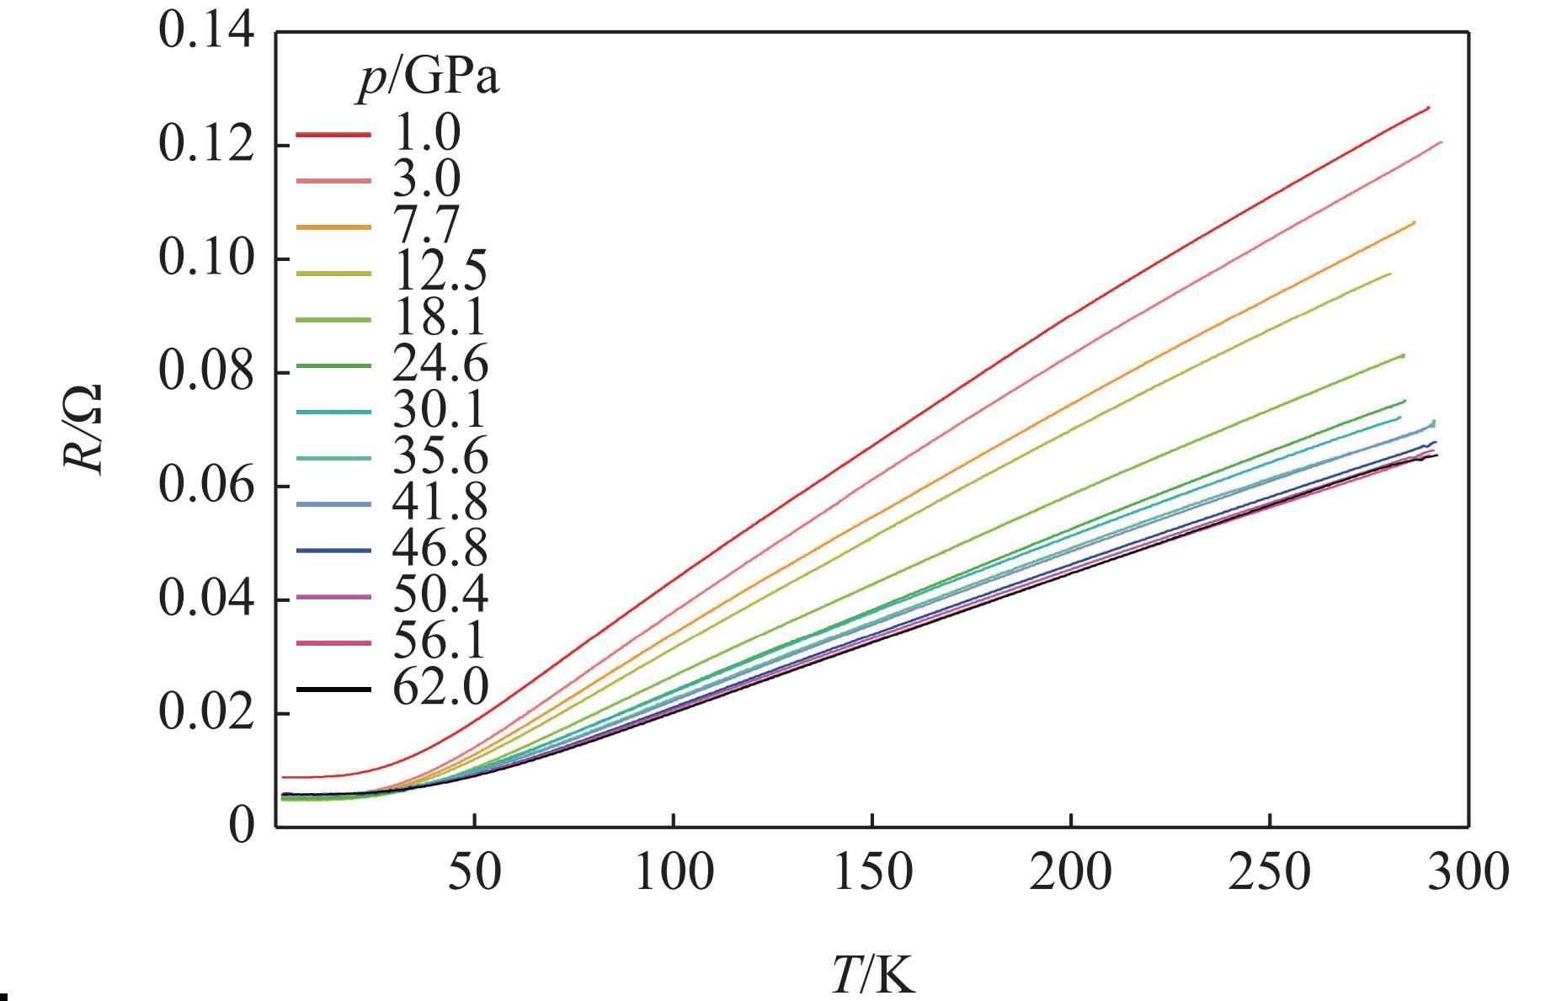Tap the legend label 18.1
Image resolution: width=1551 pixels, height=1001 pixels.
click(x=439, y=319)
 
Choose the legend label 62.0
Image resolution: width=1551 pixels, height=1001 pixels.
click(x=440, y=689)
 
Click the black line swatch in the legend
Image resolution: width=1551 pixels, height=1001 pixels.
click(x=333, y=689)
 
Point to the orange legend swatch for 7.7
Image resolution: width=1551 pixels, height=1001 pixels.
click(x=333, y=226)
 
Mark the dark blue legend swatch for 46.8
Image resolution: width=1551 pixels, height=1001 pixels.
click(x=333, y=551)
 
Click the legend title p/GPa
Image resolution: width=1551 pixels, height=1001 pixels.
click(x=426, y=81)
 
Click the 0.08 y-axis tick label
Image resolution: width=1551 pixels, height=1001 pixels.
click(x=205, y=373)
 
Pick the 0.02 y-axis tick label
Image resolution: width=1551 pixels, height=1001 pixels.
click(x=205, y=714)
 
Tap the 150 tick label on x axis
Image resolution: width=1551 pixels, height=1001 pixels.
click(x=872, y=872)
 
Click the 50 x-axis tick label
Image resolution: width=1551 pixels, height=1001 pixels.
click(x=475, y=872)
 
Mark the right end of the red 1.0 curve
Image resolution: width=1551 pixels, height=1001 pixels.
click(x=1428, y=108)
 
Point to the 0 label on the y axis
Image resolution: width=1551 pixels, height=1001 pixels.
click(x=242, y=828)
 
